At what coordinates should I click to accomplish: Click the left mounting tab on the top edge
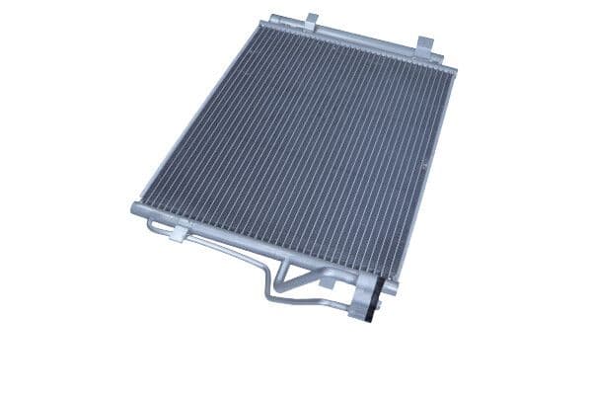[311, 21]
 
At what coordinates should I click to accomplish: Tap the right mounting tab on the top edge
[424, 44]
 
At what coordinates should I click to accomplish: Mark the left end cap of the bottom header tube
[135, 208]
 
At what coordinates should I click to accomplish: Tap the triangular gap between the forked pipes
[296, 279]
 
